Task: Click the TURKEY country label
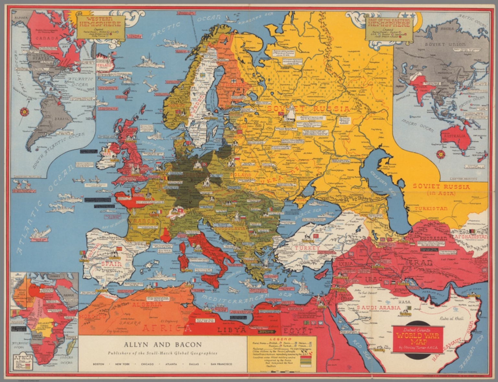pos(307,248)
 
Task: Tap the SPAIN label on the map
pos(111,264)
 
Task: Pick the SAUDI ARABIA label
pos(378,307)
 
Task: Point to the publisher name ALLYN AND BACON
pos(162,345)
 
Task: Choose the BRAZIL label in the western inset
pos(61,119)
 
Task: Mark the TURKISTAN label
pos(431,209)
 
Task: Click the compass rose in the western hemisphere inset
pos(24,112)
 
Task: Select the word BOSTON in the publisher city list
pos(99,364)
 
